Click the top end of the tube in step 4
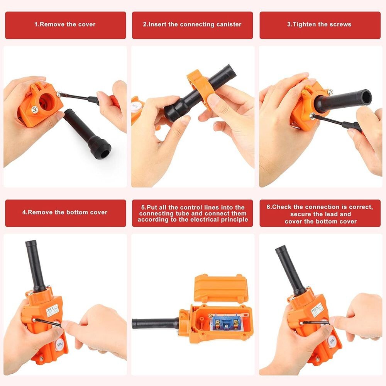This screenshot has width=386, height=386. click(30, 244)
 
